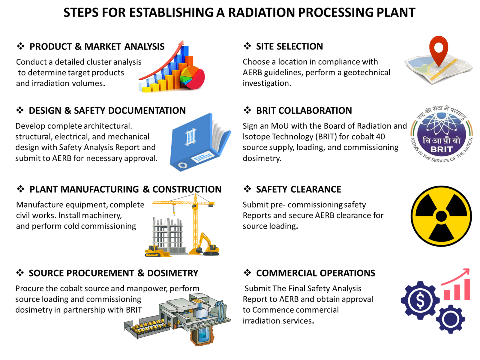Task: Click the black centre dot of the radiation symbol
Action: [x=441, y=216]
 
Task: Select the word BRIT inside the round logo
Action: [x=441, y=149]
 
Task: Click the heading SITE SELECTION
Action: [x=289, y=46]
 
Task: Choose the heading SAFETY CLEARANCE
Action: [x=298, y=189]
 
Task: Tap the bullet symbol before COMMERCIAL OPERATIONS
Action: [x=247, y=273]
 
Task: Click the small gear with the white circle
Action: [x=450, y=319]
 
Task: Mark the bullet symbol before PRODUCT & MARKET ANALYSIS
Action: [x=20, y=46]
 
